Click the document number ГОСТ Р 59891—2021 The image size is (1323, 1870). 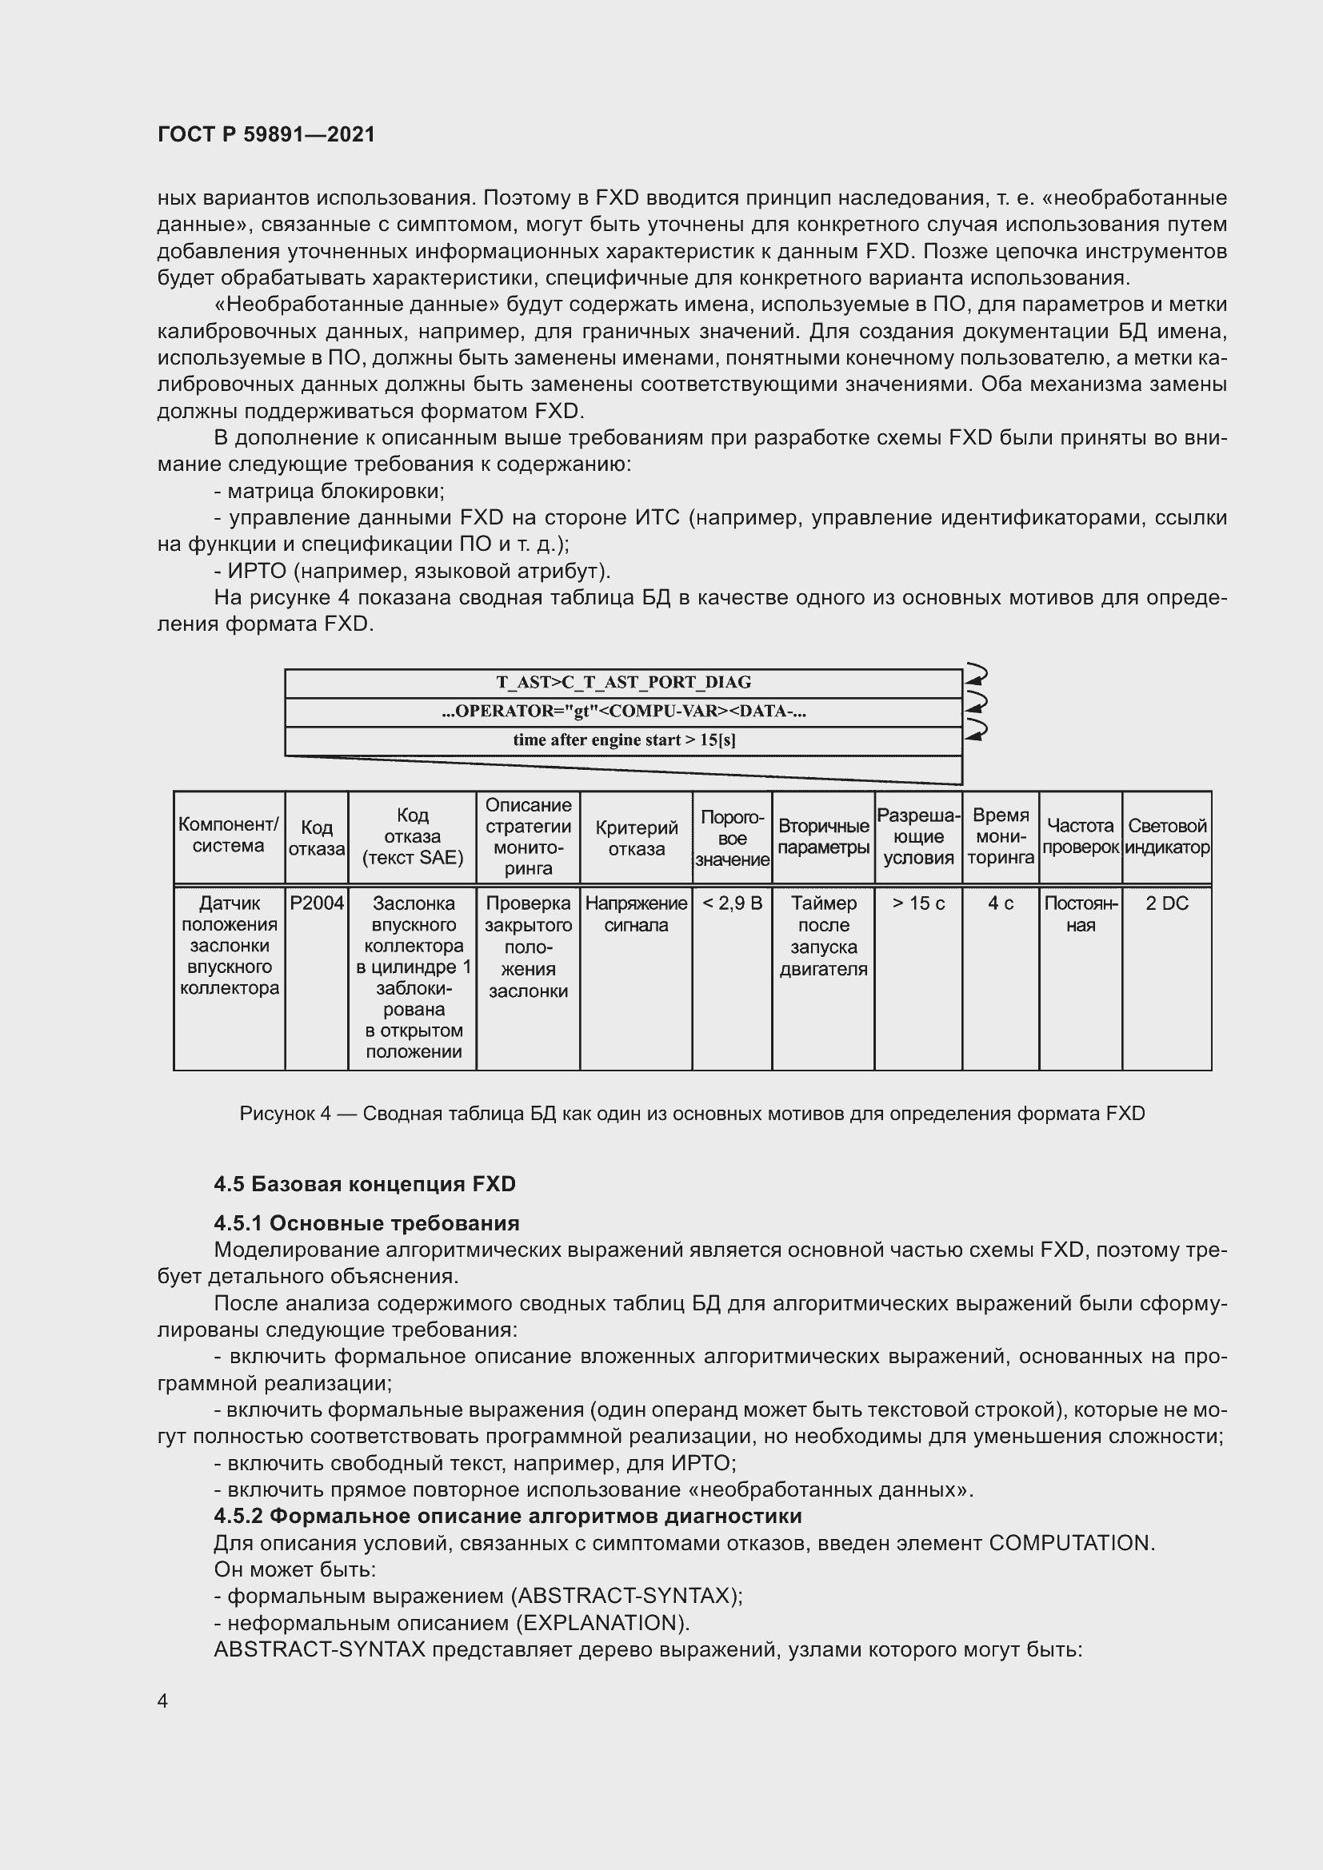click(266, 134)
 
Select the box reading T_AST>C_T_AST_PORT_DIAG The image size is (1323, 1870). click(623, 683)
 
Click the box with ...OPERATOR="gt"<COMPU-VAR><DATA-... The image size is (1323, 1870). click(623, 711)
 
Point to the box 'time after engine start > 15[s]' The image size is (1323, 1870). click(623, 740)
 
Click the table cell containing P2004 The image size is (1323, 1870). click(317, 903)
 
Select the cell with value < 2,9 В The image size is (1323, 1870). click(732, 903)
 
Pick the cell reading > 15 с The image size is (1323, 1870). click(918, 903)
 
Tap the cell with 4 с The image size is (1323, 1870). click(1001, 903)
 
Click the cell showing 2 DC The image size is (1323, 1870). click(1166, 903)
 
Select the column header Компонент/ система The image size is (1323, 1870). click(229, 835)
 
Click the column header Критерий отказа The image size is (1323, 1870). click(636, 838)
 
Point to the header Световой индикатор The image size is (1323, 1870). click(1166, 836)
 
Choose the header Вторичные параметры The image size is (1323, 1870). click(823, 836)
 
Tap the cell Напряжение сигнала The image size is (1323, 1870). click(636, 914)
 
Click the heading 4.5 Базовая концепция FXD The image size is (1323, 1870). click(365, 1184)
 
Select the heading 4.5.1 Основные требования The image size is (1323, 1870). click(366, 1223)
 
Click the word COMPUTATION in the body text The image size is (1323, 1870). click(1070, 1543)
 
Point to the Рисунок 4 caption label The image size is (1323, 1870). click(285, 1114)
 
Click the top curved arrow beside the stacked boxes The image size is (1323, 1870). click(975, 676)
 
